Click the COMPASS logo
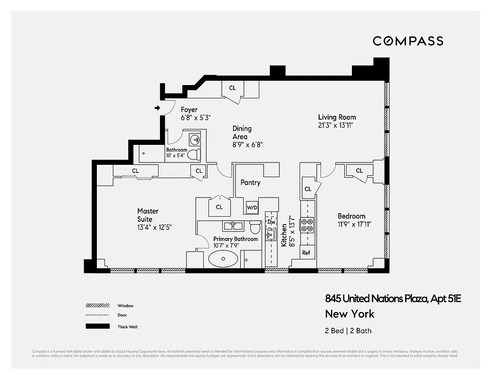407,41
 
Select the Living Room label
337,117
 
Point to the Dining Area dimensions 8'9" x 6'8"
247,145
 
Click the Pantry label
250,182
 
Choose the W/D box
252,208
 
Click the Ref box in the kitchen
306,253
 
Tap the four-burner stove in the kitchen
307,225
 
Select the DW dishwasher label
271,222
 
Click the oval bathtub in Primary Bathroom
223,260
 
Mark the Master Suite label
148,215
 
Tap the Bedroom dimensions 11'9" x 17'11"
354,224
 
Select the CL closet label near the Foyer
232,88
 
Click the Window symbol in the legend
97,306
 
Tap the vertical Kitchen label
284,235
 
